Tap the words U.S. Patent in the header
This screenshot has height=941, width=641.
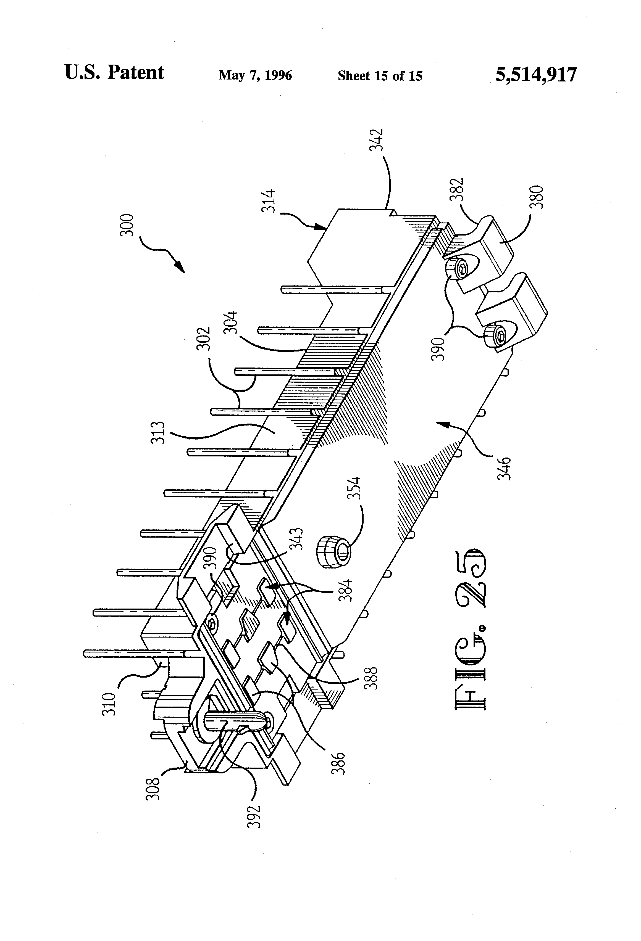coord(114,73)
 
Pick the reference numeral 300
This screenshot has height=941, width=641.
coord(128,225)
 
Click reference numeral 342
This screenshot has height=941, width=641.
coord(376,140)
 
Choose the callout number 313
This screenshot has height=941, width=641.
coord(158,433)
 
